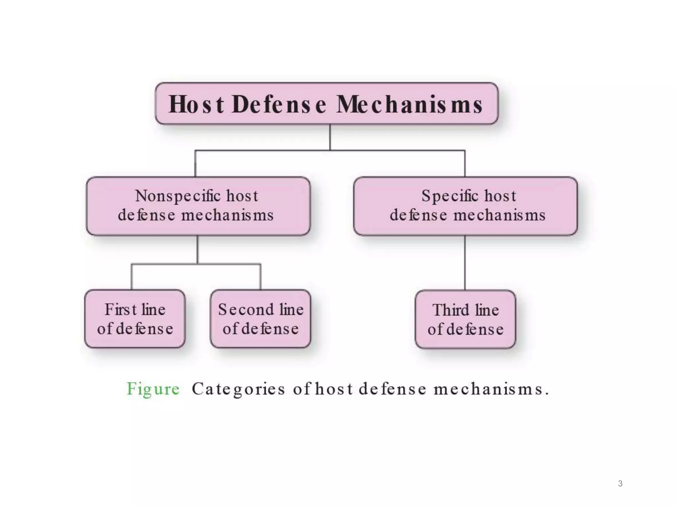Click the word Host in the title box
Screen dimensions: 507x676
click(196, 104)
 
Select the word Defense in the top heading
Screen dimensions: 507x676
click(279, 104)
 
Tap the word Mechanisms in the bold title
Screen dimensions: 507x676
click(409, 104)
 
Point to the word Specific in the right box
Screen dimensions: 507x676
click(450, 196)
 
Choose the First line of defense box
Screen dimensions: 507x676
click(135, 319)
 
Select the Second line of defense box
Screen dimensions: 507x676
click(260, 319)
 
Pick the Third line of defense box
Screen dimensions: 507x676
click(465, 319)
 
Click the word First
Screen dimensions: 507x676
click(121, 310)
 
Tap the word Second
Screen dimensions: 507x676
click(246, 310)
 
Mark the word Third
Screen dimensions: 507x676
click(451, 310)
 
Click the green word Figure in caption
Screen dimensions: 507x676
click(153, 389)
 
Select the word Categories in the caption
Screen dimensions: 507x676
click(238, 389)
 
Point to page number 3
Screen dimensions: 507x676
click(620, 484)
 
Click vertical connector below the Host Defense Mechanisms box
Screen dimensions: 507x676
click(330, 137)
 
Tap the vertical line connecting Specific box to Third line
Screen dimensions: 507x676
click(465, 262)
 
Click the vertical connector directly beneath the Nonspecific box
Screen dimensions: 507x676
click(197, 250)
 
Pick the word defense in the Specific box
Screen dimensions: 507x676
click(419, 215)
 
